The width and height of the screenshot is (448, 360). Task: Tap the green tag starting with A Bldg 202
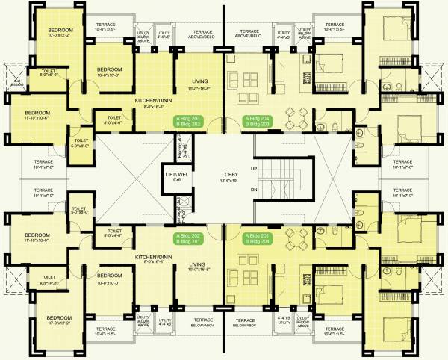[x=188, y=238]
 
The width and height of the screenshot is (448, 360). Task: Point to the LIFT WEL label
[x=178, y=176]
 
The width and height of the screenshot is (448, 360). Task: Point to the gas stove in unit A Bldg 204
[x=305, y=78]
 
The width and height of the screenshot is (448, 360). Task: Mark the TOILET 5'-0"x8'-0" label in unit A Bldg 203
[x=80, y=143]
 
